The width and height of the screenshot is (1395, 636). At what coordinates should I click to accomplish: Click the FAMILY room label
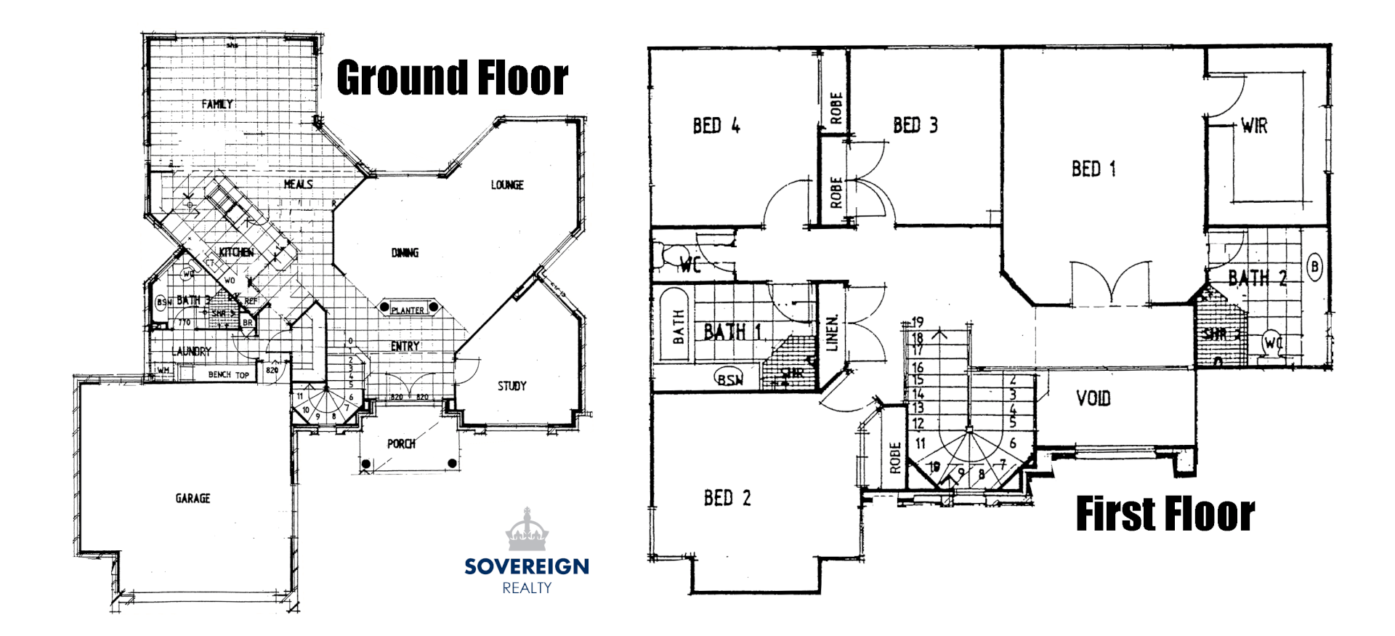pyautogui.click(x=217, y=105)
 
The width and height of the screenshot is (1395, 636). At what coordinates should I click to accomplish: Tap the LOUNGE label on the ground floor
pyautogui.click(x=507, y=185)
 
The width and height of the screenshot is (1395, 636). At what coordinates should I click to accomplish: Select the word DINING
pyautogui.click(x=405, y=253)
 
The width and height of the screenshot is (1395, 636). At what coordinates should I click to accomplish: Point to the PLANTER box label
pyautogui.click(x=408, y=310)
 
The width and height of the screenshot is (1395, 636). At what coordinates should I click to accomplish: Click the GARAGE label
pyautogui.click(x=193, y=499)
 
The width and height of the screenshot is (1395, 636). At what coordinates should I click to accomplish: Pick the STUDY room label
pyautogui.click(x=512, y=386)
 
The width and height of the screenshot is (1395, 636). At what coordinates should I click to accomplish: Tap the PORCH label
pyautogui.click(x=401, y=443)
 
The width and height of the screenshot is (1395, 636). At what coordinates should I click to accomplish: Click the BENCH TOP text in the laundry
pyautogui.click(x=228, y=375)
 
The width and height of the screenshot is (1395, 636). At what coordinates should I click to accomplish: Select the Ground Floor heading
pyautogui.click(x=452, y=79)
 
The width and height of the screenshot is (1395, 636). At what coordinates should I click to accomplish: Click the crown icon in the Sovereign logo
pyautogui.click(x=527, y=530)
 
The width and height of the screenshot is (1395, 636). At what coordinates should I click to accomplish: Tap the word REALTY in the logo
pyautogui.click(x=527, y=588)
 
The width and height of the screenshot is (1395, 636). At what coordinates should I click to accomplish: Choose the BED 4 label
pyautogui.click(x=716, y=126)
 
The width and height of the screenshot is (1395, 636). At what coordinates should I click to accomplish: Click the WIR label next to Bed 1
pyautogui.click(x=1254, y=126)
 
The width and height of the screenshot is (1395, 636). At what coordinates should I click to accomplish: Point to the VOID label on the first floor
pyautogui.click(x=1093, y=398)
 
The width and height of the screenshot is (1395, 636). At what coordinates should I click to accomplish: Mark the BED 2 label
pyautogui.click(x=727, y=498)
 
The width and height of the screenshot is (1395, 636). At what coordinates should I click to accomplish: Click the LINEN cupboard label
pyautogui.click(x=833, y=333)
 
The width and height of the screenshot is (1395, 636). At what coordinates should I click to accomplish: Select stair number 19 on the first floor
pyautogui.click(x=918, y=322)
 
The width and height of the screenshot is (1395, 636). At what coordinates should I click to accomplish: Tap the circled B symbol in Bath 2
pyautogui.click(x=1314, y=267)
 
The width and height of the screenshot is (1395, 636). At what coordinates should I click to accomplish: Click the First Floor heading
pyautogui.click(x=1165, y=515)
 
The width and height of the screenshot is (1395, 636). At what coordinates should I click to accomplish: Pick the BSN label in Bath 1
pyautogui.click(x=729, y=379)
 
